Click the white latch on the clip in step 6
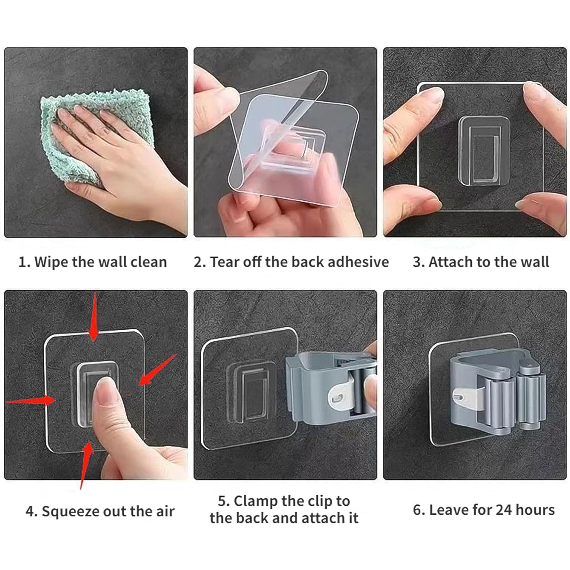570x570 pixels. pyautogui.click(x=467, y=398)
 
